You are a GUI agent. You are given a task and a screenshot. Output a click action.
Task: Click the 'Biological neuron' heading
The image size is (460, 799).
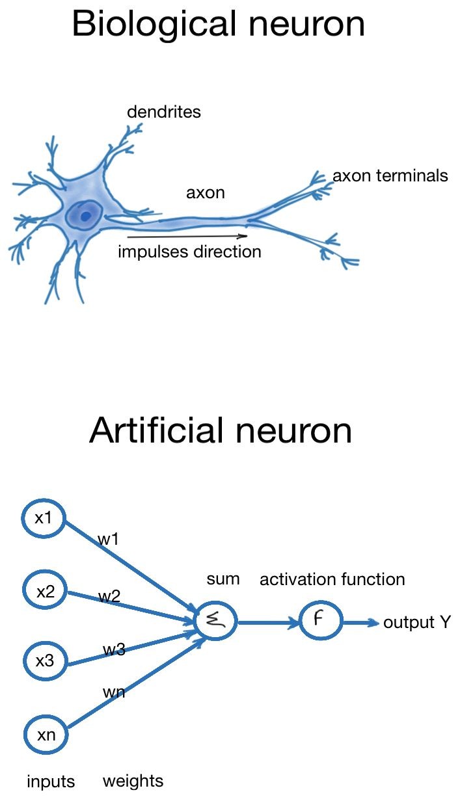click(x=219, y=24)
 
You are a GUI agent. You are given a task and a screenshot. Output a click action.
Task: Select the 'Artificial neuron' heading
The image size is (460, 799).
click(x=221, y=430)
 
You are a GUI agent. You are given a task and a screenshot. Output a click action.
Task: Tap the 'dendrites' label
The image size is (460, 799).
click(x=164, y=112)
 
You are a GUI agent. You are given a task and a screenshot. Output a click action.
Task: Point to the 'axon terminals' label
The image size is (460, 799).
click(x=390, y=176)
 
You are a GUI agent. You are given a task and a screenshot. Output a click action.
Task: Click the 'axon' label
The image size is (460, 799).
click(x=206, y=193)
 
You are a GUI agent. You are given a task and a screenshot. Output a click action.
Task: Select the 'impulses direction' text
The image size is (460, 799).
click(x=189, y=252)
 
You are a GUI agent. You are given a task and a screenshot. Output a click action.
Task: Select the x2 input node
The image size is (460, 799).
click(x=45, y=592)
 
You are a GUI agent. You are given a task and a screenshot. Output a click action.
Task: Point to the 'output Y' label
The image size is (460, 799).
click(x=417, y=623)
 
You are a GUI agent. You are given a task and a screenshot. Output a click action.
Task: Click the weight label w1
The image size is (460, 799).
click(x=107, y=538)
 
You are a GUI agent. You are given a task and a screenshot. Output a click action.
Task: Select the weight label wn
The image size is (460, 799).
click(x=113, y=692)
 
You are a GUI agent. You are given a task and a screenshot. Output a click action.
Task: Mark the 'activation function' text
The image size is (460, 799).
click(x=332, y=579)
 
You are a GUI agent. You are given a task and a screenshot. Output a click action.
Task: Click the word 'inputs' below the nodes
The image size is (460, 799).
click(x=51, y=781)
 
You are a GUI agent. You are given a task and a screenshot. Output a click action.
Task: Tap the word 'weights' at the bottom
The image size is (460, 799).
click(x=133, y=781)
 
